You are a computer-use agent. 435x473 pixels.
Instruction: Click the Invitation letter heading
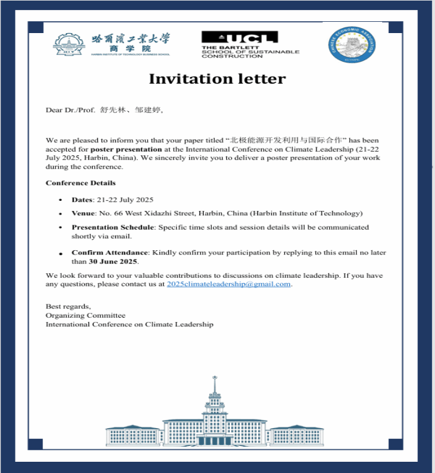217,79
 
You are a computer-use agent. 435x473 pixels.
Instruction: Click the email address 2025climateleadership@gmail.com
229,284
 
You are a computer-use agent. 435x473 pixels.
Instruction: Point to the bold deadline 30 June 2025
113,261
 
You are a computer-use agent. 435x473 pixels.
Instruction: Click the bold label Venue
83,213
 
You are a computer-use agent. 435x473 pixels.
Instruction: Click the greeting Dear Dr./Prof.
70,110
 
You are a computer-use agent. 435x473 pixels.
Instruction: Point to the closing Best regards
68,306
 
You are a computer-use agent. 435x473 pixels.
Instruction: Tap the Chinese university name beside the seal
130,39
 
